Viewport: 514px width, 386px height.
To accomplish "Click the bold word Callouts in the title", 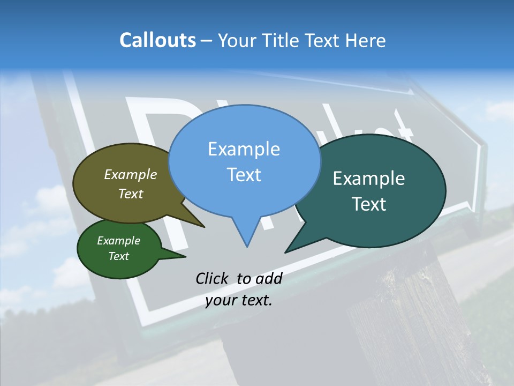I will pyautogui.click(x=157, y=40).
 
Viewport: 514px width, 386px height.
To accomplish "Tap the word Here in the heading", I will pyautogui.click(x=365, y=40).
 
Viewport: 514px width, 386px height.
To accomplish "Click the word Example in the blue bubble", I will pyautogui.click(x=244, y=149).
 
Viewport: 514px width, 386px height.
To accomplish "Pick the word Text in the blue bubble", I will pyautogui.click(x=244, y=175).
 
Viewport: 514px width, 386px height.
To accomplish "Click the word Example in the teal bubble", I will pyautogui.click(x=369, y=179).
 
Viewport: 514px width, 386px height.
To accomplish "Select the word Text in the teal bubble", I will pyautogui.click(x=369, y=204).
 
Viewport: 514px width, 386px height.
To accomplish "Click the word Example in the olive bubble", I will pyautogui.click(x=131, y=175).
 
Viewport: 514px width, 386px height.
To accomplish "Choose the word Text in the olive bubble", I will pyautogui.click(x=131, y=194).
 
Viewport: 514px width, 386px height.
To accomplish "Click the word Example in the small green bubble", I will pyautogui.click(x=118, y=241).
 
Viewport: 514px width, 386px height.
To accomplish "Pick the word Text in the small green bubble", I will pyautogui.click(x=118, y=256).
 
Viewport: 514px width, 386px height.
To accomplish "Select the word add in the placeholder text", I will pyautogui.click(x=269, y=279).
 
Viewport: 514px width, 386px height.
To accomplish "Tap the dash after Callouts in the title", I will pyautogui.click(x=207, y=41).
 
